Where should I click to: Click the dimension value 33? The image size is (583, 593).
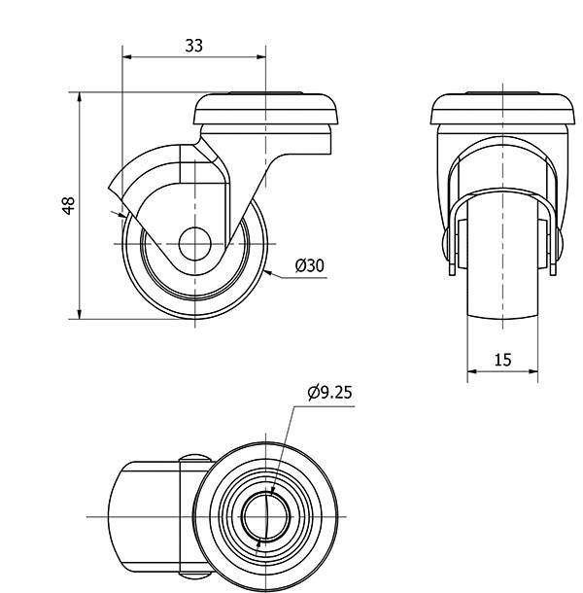tap(194, 46)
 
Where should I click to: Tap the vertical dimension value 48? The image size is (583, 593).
tap(69, 206)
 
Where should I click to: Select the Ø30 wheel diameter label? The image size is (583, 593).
tap(310, 265)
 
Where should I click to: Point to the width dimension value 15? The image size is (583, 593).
tap(503, 360)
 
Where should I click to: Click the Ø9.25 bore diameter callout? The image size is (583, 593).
tap(330, 392)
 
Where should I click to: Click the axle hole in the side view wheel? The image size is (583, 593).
tap(194, 244)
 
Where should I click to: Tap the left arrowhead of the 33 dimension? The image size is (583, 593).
tap(127, 57)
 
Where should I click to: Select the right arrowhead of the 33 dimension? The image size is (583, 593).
tap(261, 57)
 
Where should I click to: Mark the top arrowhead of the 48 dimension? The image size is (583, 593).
tap(80, 97)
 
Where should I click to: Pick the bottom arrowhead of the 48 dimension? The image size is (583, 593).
tap(80, 314)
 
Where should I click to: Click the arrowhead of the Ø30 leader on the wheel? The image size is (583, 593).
tap(267, 272)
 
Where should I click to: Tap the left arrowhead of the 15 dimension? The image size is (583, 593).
tap(472, 371)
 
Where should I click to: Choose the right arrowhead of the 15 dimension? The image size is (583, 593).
tap(533, 371)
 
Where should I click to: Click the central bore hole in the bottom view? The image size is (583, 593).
tap(266, 516)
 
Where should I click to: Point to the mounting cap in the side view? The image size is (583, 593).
tap(265, 109)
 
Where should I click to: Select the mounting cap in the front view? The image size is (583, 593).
tap(503, 109)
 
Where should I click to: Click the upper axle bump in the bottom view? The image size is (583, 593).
tap(195, 458)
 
